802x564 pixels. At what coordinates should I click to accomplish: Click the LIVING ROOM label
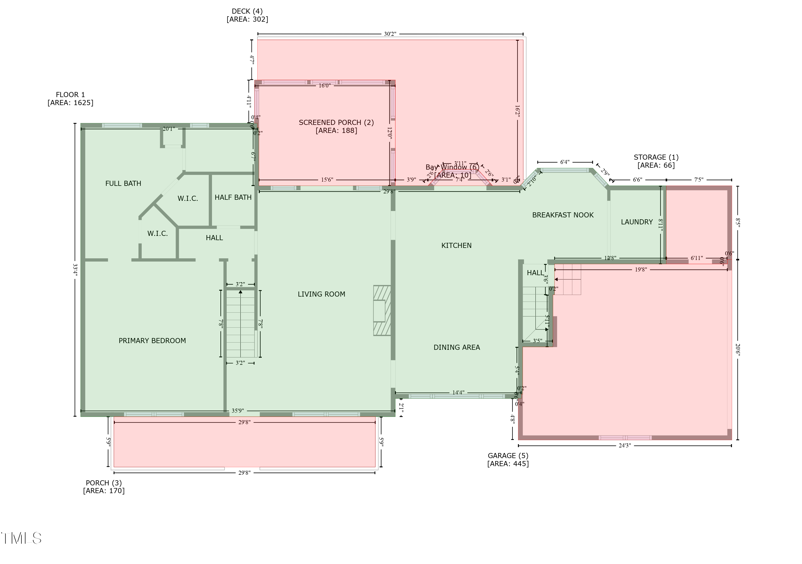[x=321, y=294]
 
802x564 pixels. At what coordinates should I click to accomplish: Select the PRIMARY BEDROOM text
[x=152, y=341]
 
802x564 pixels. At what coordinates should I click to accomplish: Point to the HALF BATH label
[x=233, y=197]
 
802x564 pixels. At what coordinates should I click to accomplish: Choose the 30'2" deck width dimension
[x=390, y=34]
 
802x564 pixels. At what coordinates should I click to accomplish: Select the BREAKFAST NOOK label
[x=563, y=215]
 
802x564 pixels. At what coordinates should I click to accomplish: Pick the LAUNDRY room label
[x=637, y=222]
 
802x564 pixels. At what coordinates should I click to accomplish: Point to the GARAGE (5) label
[x=508, y=459]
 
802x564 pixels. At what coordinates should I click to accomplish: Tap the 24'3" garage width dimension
[x=624, y=446]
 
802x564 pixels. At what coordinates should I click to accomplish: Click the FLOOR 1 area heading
[x=70, y=98]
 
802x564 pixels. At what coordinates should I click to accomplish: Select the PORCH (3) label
[x=104, y=486]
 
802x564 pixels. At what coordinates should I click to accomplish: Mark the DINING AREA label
[x=457, y=347]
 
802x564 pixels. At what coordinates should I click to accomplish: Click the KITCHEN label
[x=456, y=246]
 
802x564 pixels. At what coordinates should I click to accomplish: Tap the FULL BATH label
[x=123, y=183]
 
